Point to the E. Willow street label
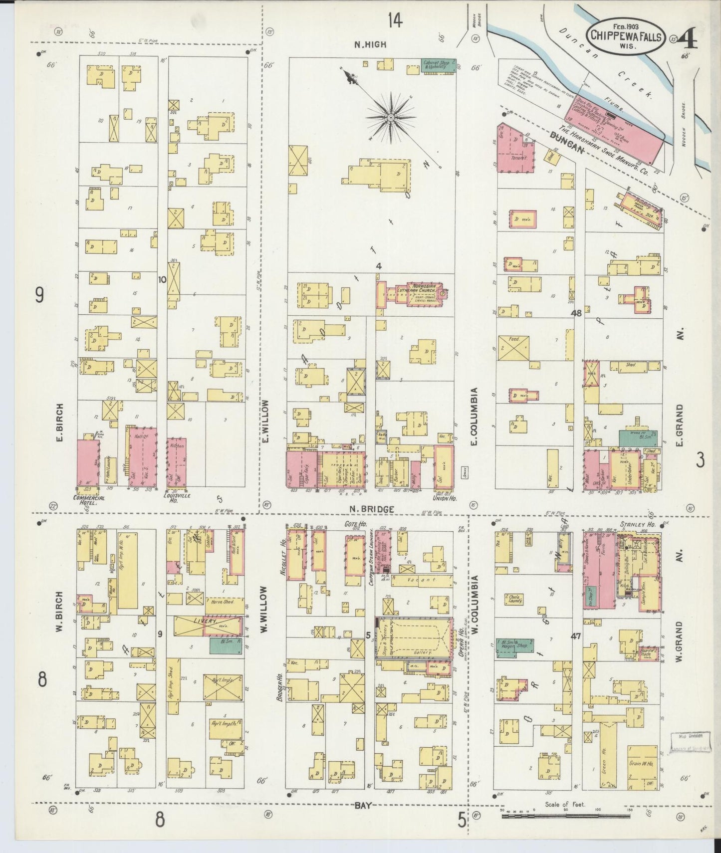click(x=265, y=422)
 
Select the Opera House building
click(x=414, y=639)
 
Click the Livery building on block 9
click(x=208, y=626)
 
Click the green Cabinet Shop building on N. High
click(x=439, y=66)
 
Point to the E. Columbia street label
click(x=474, y=417)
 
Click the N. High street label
click(x=370, y=44)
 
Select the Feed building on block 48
click(x=513, y=352)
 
